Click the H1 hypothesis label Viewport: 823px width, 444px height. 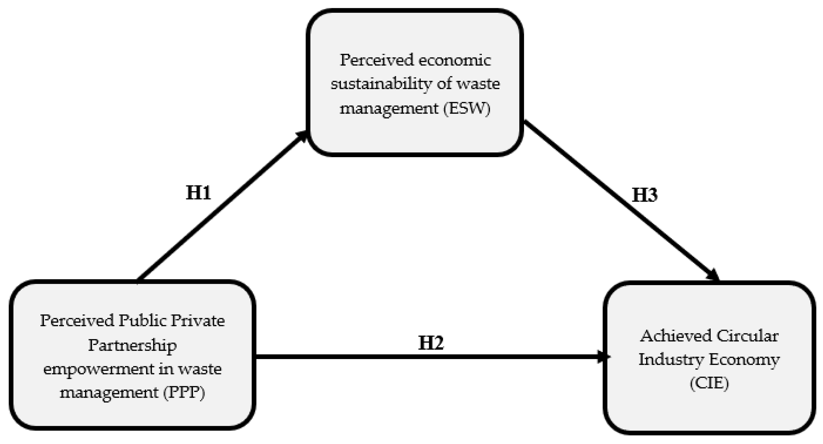[x=198, y=193]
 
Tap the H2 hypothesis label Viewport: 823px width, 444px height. [x=431, y=343]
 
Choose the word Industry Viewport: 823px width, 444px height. [x=671, y=360]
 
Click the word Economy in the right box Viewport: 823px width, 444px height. [x=744, y=360]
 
